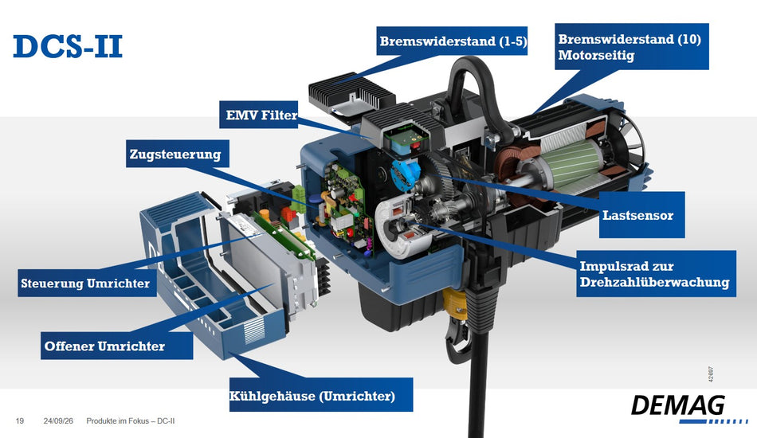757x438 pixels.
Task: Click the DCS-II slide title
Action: coord(68,46)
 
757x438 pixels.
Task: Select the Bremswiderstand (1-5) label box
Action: coord(452,41)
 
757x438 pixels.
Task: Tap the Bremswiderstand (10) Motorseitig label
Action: coord(631,46)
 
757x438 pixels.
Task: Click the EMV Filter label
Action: coord(259,115)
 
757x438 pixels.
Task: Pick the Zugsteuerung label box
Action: coord(177,154)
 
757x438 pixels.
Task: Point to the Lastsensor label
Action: coord(641,215)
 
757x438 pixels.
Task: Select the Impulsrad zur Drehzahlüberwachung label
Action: coord(656,273)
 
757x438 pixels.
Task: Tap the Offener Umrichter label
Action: coord(117,346)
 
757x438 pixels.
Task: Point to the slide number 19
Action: coord(20,421)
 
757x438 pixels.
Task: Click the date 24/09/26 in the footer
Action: coord(58,421)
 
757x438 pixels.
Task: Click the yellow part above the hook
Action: coord(456,302)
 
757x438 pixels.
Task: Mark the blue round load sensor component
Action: coord(405,173)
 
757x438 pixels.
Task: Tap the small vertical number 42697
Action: coord(711,374)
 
